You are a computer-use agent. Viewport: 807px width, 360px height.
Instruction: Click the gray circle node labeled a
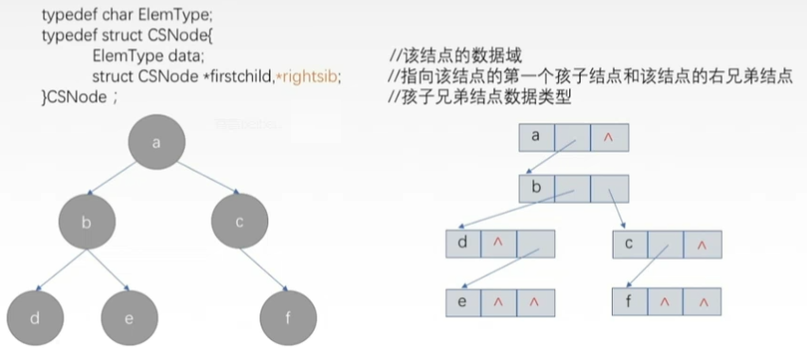point(156,142)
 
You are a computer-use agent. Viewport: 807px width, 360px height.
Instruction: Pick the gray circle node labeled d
point(33,317)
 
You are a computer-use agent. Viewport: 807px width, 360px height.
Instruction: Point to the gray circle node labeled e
point(130,317)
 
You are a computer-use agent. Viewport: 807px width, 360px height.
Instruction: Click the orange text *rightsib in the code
point(307,75)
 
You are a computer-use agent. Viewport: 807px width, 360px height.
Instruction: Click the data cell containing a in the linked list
point(536,136)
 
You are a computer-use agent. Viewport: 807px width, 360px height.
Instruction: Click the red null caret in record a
point(608,137)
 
